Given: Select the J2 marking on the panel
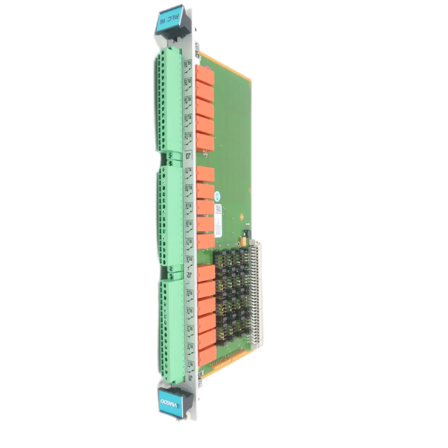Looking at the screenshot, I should pos(189,275).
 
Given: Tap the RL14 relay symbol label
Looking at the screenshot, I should pos(188,99).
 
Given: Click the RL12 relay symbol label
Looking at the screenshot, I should pos(189,136).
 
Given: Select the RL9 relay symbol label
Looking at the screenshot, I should pos(189,207).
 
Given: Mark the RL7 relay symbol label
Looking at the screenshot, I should pos(189,241).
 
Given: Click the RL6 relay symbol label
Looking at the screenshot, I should pos(190,259).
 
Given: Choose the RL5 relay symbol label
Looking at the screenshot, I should pos(190,293).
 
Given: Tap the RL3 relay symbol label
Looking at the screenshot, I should pos(190,328).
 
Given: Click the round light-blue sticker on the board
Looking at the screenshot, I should pos(218,196).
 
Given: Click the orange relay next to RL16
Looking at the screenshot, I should pos(204,76).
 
